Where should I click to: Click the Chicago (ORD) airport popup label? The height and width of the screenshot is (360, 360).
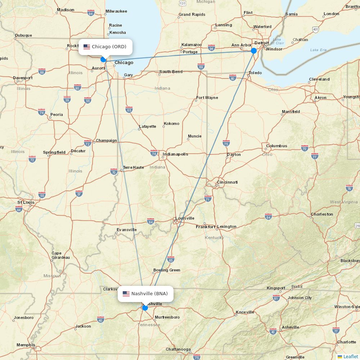pyautogui.click(x=105, y=47)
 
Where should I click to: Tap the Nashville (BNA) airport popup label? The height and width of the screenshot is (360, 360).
pyautogui.click(x=145, y=294)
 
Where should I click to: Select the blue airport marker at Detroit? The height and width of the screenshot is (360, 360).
pyautogui.click(x=254, y=51)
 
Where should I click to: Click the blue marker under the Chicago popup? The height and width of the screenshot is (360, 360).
pyautogui.click(x=103, y=59)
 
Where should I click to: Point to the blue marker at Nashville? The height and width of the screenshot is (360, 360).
pyautogui.click(x=145, y=307)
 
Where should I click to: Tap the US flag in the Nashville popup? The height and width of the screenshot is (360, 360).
pyautogui.click(x=126, y=294)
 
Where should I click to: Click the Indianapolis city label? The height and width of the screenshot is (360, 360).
pyautogui.click(x=175, y=154)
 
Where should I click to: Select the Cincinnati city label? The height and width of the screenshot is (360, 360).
pyautogui.click(x=227, y=182)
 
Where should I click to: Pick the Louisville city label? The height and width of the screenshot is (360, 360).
pyautogui.click(x=185, y=218)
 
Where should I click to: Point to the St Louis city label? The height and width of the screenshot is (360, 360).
pyautogui.click(x=26, y=202)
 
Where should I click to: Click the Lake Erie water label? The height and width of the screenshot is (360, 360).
pyautogui.click(x=318, y=50)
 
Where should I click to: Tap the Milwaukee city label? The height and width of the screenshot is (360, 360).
pyautogui.click(x=116, y=11)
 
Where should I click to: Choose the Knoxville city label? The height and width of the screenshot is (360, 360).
pyautogui.click(x=245, y=312)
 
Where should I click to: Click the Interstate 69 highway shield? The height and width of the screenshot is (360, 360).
pyautogui.click(x=201, y=67)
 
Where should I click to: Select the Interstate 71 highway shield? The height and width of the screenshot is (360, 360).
pyautogui.click(x=208, y=199)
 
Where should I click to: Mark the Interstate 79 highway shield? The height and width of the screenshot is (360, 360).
pyautogui.click(x=349, y=188)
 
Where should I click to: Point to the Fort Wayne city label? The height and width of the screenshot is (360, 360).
pyautogui.click(x=207, y=98)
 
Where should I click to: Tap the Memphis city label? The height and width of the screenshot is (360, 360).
pyautogui.click(x=26, y=345)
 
